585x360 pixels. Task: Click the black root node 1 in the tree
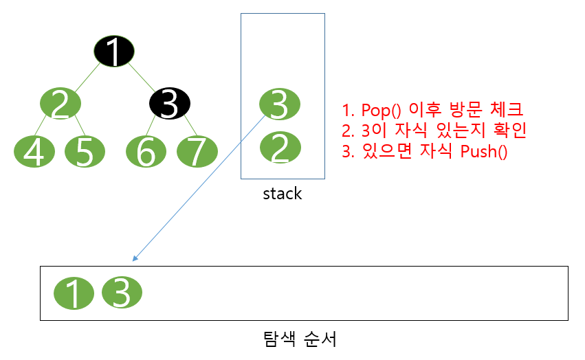(x=114, y=51)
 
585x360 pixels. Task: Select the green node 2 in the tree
(x=60, y=104)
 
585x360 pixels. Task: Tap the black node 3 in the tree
(x=170, y=104)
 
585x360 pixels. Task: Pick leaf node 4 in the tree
(x=34, y=152)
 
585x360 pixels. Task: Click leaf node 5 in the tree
(x=85, y=152)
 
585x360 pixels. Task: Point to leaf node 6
(x=146, y=152)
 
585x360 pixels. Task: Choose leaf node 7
(x=197, y=152)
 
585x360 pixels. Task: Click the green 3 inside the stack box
(x=279, y=104)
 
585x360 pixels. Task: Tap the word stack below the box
(x=283, y=194)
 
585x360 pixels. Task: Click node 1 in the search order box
(x=74, y=294)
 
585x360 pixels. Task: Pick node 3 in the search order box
(x=122, y=293)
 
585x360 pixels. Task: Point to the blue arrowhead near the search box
(x=135, y=258)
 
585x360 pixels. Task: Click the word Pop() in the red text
(x=381, y=109)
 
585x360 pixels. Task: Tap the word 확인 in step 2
(x=507, y=131)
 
